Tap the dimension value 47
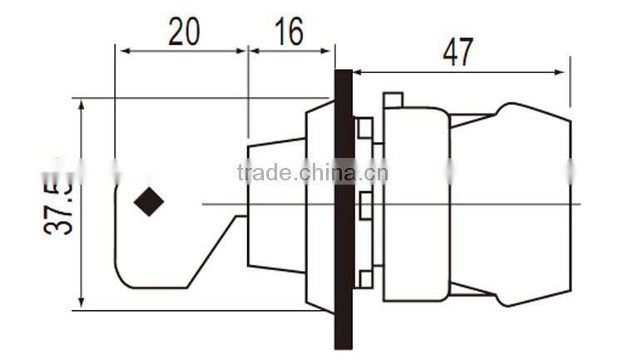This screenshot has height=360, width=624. coord(458,52)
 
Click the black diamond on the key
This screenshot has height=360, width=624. coord(149,202)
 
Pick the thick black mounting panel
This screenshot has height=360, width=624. coord(344,208)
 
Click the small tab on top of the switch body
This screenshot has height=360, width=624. coord(393,101)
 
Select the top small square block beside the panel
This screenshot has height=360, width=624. coord(364,128)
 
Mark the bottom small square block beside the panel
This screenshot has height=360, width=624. coord(364,280)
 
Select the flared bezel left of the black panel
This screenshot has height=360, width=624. coord(319,208)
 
